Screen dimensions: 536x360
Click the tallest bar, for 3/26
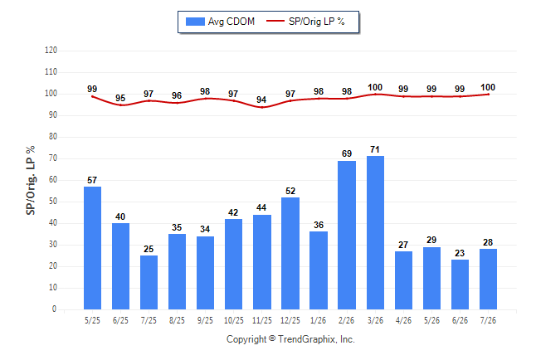[375, 232]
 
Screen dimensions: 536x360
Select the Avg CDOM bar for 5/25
[92, 248]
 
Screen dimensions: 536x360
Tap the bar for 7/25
[149, 282]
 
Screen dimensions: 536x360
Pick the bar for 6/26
[460, 285]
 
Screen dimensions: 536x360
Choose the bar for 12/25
[290, 253]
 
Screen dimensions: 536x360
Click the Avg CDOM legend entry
[220, 22]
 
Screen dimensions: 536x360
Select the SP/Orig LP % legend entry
[305, 22]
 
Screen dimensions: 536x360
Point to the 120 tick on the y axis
[51, 51]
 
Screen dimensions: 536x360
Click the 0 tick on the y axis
[54, 309]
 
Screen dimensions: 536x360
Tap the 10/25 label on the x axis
[233, 320]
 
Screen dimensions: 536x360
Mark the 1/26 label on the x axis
[319, 320]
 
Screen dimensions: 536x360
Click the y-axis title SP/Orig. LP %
[31, 181]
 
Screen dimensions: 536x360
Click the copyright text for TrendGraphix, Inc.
[290, 339]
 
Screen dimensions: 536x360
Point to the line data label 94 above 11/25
[261, 100]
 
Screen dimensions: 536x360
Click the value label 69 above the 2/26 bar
[347, 153]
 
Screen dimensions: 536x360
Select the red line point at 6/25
[120, 105]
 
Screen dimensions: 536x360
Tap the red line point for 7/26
[488, 95]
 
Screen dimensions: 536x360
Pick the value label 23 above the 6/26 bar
[460, 253]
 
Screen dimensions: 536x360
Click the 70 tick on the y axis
[52, 158]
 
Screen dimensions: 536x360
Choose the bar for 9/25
[205, 273]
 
